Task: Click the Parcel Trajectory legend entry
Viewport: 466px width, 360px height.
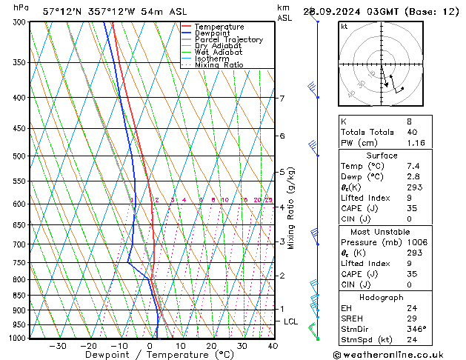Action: [228, 39]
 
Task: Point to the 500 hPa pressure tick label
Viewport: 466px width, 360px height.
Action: [19, 156]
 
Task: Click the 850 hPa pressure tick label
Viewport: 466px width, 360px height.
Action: [19, 296]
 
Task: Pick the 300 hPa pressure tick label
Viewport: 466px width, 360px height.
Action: [19, 22]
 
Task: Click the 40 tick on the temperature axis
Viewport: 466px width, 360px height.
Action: [273, 345]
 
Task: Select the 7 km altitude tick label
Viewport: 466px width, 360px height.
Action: [282, 99]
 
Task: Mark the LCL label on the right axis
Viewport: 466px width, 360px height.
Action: [290, 321]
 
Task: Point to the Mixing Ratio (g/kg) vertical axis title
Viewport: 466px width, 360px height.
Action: [292, 207]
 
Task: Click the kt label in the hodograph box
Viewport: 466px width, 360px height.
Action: [344, 27]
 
